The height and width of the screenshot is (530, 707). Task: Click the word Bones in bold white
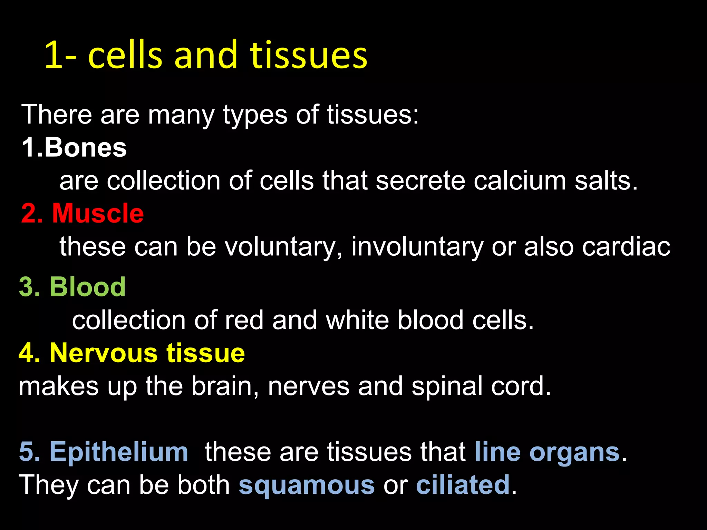tap(85, 148)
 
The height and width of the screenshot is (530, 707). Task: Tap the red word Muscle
tap(98, 214)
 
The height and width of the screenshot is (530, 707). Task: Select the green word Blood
tap(87, 287)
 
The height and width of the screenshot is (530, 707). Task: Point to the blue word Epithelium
tap(119, 452)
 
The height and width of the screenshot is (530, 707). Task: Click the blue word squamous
tap(307, 485)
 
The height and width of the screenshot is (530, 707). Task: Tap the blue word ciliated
tap(463, 484)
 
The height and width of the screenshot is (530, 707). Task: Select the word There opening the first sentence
tap(57, 115)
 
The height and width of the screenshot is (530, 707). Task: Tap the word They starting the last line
tap(48, 485)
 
